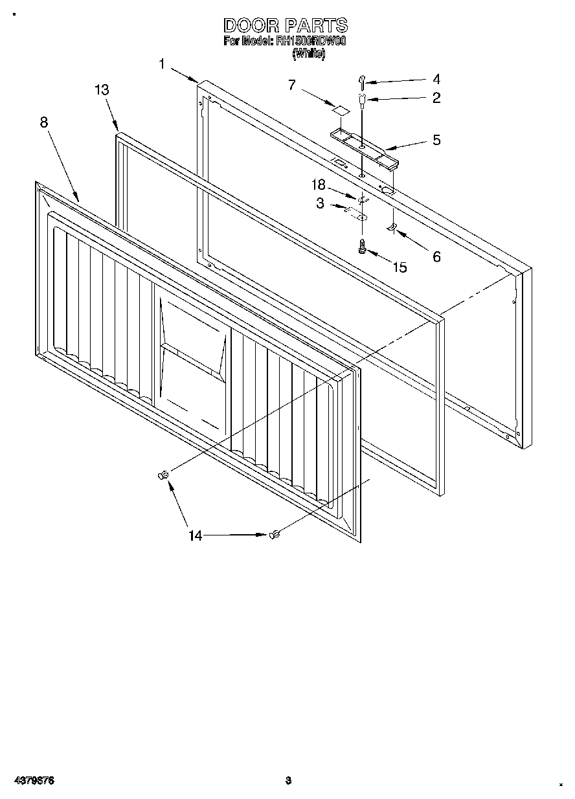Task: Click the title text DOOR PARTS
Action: [x=286, y=25]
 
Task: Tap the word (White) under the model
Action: [x=308, y=54]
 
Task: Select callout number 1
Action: [x=161, y=63]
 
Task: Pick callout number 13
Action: [x=102, y=90]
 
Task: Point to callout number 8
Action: [x=44, y=122]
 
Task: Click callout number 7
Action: [x=292, y=84]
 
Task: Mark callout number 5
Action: [x=436, y=140]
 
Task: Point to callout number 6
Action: [x=436, y=257]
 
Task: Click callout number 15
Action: [x=400, y=267]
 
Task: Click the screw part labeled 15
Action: [x=363, y=246]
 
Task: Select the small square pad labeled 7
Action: [x=337, y=109]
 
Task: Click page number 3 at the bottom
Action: [x=289, y=780]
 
